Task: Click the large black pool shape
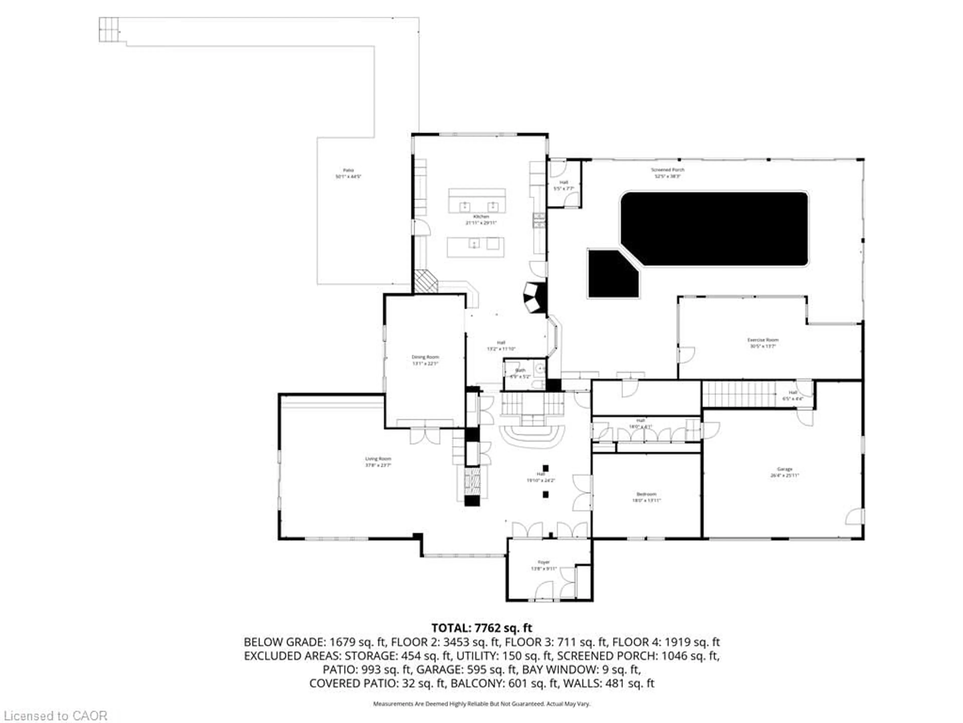coord(714,229)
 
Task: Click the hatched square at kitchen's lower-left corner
coord(425,281)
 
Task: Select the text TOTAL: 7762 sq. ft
coord(481,628)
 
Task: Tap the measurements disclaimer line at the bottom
coord(481,704)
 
